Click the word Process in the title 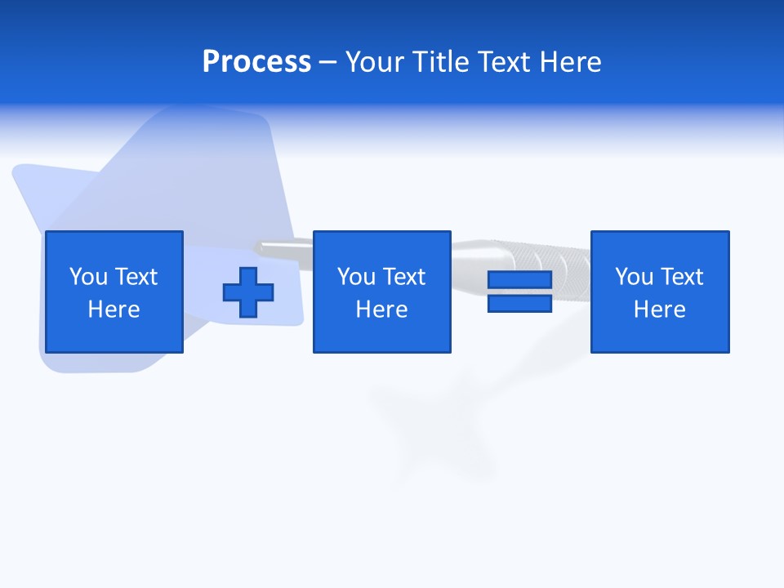[256, 62]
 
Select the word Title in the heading [440, 62]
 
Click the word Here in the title [572, 62]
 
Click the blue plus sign [248, 292]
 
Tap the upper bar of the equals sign [519, 280]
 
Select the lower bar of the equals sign [519, 304]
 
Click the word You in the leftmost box [89, 277]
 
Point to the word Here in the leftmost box [114, 310]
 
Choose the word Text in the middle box [403, 277]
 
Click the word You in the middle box [357, 277]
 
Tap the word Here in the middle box [381, 310]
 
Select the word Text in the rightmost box [681, 277]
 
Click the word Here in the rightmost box [659, 310]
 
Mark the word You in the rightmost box [635, 277]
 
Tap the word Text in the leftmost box [136, 277]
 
